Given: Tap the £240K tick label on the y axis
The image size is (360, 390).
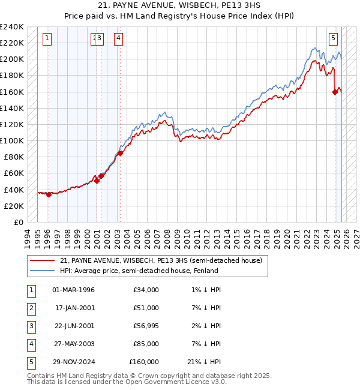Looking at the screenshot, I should point(12,27).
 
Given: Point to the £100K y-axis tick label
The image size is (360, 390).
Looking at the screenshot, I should point(12,140).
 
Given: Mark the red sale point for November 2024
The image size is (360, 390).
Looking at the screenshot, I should point(335,92).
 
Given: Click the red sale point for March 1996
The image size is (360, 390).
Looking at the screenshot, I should point(49,194).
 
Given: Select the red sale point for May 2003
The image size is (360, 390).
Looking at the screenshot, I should point(120,153).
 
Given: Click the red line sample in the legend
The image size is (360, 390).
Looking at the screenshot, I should point(42,261).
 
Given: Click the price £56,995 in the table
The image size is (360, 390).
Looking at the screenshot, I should point(145,326).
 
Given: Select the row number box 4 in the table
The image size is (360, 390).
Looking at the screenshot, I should point(30,344).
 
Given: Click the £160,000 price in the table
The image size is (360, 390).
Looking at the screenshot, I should point(144,362).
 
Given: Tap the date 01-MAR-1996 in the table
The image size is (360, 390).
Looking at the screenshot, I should point(74,290).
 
